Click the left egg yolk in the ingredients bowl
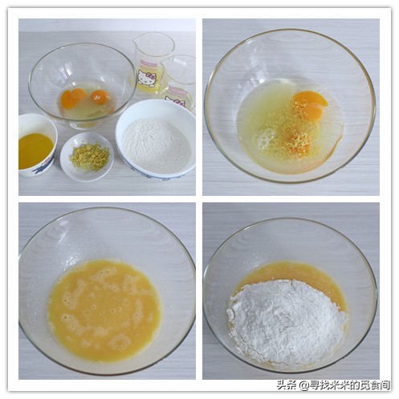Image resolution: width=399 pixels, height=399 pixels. coord(72,98)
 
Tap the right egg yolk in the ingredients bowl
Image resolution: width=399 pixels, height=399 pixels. coord(100,97)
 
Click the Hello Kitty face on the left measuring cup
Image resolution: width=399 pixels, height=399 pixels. coord(146,78)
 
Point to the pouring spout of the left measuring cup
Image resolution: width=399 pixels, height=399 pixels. coord(136,40)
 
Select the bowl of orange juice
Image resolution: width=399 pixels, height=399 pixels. coord(37,145)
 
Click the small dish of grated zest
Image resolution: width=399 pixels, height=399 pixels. coord(87,157)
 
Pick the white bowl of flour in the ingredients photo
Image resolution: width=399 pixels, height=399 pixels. coord(156,140)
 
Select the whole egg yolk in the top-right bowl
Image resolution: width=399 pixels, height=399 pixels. coord(311,104)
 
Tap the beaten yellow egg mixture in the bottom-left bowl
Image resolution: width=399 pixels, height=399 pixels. coord(104,310)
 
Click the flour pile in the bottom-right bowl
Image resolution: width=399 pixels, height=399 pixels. coord(287,321)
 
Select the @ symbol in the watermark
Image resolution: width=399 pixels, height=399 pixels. coord(304,385)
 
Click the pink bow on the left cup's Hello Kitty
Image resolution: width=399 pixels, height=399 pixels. coord(152,75)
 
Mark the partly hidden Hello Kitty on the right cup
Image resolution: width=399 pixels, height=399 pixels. coord(175,101)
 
